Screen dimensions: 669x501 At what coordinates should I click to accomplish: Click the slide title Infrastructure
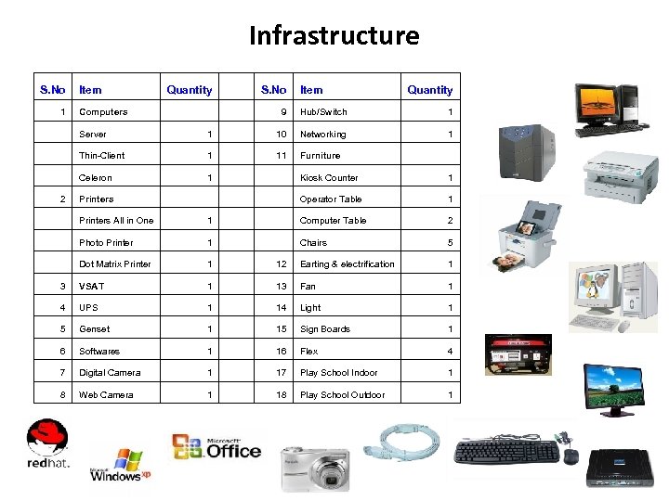[334, 36]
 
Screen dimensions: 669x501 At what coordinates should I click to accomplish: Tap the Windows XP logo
[120, 465]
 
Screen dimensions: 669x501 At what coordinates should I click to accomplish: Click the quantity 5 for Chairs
[451, 243]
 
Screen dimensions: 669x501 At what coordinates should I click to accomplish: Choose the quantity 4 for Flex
[451, 352]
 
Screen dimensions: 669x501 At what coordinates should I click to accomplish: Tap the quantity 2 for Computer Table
[451, 221]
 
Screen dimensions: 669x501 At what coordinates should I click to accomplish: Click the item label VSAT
[91, 287]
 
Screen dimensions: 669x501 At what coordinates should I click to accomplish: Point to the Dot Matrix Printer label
[115, 264]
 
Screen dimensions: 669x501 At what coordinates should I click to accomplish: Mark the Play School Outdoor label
[342, 395]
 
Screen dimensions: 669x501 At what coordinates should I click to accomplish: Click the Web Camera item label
[106, 395]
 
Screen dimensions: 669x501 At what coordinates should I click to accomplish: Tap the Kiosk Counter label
[329, 178]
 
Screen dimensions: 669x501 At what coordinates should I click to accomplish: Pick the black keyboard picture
[506, 452]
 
